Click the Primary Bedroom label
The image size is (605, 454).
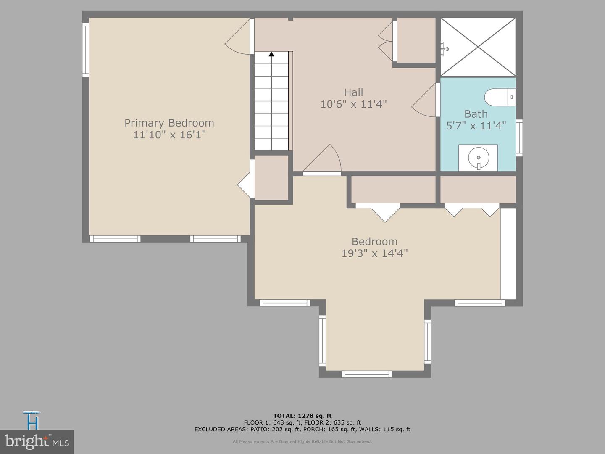pyautogui.click(x=169, y=123)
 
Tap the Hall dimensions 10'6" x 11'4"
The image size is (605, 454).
pyautogui.click(x=353, y=104)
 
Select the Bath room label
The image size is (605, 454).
pyautogui.click(x=476, y=114)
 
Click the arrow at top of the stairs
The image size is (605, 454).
pyautogui.click(x=271, y=54)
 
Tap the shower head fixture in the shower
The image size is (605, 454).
pyautogui.click(x=444, y=48)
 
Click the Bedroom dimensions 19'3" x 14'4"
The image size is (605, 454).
pyautogui.click(x=374, y=253)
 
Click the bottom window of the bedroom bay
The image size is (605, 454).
pyautogui.click(x=366, y=374)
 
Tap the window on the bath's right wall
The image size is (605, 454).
pyautogui.click(x=519, y=138)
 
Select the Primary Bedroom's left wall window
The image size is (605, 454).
pyautogui.click(x=86, y=50)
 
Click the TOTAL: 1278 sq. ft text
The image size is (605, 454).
pyautogui.click(x=302, y=416)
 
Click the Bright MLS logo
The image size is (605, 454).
pyautogui.click(x=37, y=441)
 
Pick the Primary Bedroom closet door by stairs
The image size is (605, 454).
pyautogui.click(x=246, y=184)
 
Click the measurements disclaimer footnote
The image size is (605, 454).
pyautogui.click(x=302, y=441)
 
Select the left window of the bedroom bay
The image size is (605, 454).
pyautogui.click(x=322, y=340)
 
